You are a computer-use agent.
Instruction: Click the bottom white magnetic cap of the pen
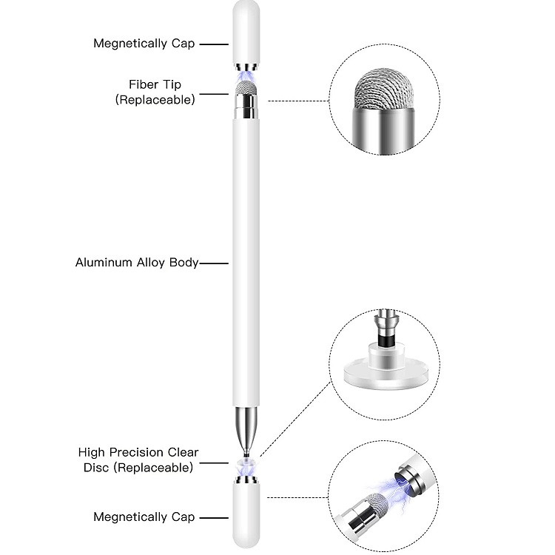246,517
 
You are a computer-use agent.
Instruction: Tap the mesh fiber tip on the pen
246,87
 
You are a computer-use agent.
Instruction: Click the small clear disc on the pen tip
246,462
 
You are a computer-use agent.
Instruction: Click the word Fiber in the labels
140,84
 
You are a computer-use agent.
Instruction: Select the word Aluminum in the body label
104,262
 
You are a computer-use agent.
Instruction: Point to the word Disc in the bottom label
97,467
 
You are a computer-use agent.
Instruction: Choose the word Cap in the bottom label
184,517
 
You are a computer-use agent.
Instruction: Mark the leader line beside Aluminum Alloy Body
214,263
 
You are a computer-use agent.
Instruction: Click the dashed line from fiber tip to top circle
299,101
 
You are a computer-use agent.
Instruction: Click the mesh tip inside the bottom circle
376,504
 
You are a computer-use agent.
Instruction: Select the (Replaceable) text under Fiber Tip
155,100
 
